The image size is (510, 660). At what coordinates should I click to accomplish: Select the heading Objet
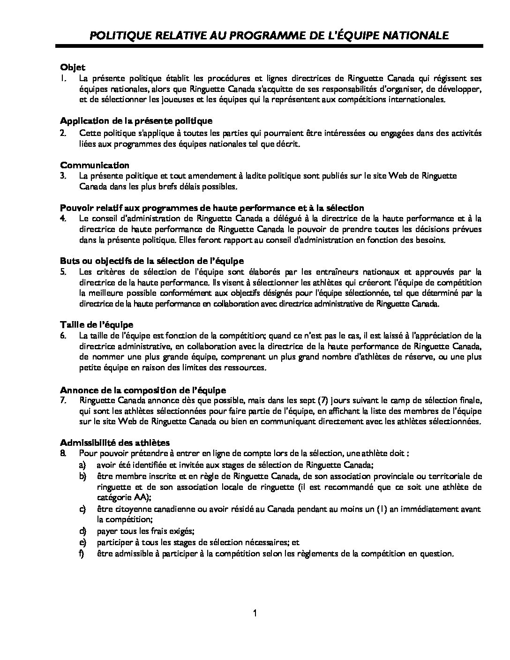[x=73, y=67]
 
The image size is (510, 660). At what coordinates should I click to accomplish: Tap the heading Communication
[x=95, y=165]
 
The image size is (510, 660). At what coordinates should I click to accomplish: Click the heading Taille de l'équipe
[x=97, y=324]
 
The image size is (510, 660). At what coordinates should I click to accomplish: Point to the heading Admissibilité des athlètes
[x=115, y=442]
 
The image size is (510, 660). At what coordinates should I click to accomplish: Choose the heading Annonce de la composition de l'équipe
[x=143, y=390]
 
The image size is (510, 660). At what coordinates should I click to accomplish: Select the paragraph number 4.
[x=63, y=218]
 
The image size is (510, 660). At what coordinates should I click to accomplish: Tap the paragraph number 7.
[x=63, y=400]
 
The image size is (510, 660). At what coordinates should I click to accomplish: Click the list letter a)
[x=82, y=465]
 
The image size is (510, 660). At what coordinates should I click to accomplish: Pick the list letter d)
[x=82, y=531]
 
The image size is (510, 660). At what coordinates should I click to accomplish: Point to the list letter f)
[x=82, y=554]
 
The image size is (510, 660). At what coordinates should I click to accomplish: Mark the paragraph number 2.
[x=63, y=133]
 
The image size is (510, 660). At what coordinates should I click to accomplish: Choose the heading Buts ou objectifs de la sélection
[x=152, y=261]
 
